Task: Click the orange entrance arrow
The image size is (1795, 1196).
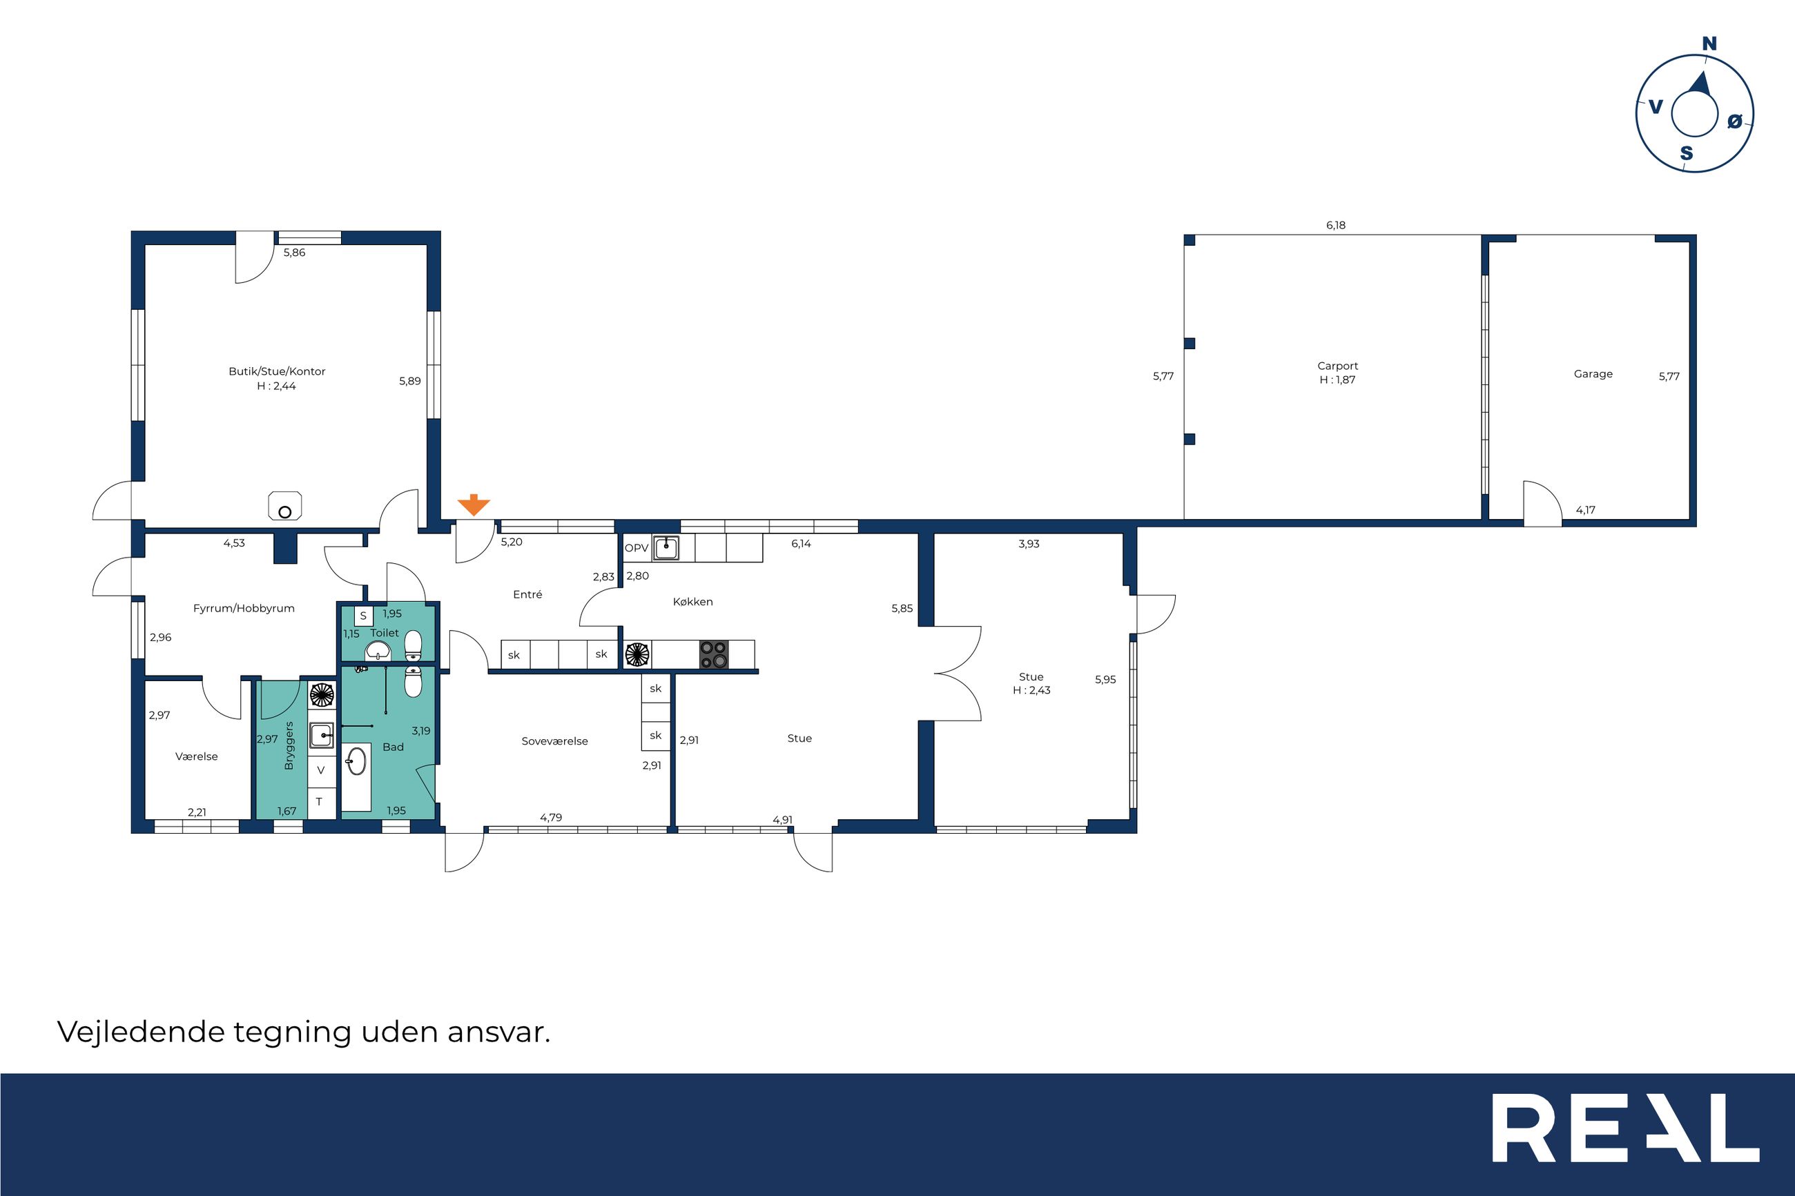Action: point(474,504)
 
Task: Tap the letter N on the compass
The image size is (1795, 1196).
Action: point(1709,44)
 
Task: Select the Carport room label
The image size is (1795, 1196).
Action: point(1337,366)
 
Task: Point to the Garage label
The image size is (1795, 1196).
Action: point(1593,375)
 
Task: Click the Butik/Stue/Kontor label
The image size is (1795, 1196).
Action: point(277,371)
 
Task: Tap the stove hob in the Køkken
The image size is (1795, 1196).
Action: point(714,654)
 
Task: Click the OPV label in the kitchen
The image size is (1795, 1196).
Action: point(637,549)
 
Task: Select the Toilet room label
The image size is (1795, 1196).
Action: point(385,633)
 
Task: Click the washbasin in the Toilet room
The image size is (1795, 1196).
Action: point(378,651)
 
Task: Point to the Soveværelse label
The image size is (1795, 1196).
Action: point(554,741)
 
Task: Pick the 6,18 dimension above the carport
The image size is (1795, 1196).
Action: point(1336,226)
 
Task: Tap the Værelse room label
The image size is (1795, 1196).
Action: point(196,756)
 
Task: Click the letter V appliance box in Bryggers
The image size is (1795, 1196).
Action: point(321,771)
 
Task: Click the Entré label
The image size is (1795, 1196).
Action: point(527,595)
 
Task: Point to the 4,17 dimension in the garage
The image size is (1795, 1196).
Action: point(1585,510)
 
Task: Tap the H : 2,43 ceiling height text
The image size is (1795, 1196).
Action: point(1031,690)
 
